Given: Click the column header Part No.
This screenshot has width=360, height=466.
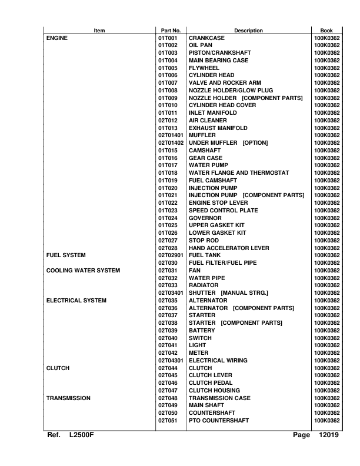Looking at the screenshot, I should [171, 31].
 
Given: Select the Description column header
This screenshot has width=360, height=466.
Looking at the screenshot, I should [248, 31].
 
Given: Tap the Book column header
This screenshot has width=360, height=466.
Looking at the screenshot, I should [326, 31].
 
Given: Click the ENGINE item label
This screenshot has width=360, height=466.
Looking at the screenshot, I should [57, 38].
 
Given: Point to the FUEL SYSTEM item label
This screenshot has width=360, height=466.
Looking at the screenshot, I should [66, 255].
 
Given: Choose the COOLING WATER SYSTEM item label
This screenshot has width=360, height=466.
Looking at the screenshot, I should [83, 271].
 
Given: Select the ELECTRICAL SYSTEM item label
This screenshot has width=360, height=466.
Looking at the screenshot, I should [76, 301].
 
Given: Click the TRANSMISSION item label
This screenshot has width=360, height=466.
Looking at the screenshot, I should [68, 398].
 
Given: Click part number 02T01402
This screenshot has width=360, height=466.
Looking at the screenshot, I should [171, 143].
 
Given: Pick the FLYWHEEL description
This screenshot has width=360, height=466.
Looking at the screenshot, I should [204, 68].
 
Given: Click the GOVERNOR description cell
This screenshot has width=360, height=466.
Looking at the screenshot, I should [205, 218].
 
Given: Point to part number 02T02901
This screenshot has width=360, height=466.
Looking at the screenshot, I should [171, 255].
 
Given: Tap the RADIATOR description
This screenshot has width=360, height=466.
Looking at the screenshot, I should [204, 285].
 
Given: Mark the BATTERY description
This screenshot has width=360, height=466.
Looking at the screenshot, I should [202, 331].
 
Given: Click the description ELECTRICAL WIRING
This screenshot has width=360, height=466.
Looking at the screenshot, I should [218, 361].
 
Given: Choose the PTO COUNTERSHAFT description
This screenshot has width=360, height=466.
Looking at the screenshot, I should [218, 421].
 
